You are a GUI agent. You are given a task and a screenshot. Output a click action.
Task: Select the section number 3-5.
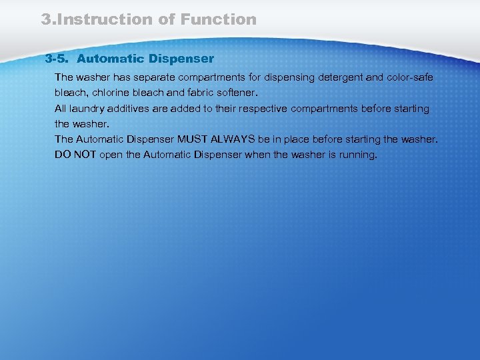click(x=57, y=59)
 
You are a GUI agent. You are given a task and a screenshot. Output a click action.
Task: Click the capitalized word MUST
click(x=193, y=139)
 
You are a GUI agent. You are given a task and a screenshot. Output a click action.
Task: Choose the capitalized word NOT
click(x=86, y=155)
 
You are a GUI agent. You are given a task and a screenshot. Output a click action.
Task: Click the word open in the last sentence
click(x=112, y=155)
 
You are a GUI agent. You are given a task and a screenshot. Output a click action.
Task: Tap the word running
click(x=358, y=155)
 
